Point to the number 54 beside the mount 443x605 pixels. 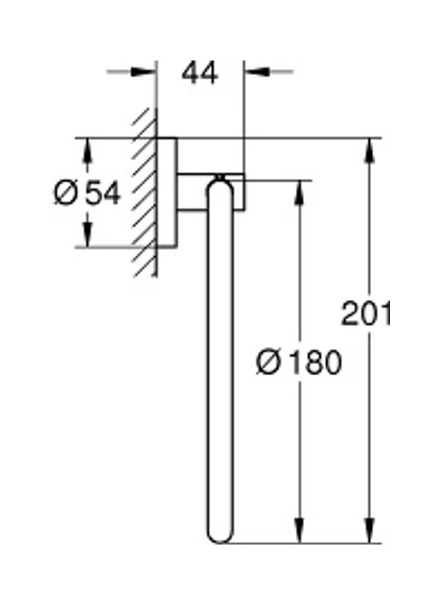pyautogui.click(x=103, y=193)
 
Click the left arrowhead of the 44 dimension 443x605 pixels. pyautogui.click(x=144, y=72)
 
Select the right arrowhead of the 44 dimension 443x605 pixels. pyautogui.click(x=256, y=72)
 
